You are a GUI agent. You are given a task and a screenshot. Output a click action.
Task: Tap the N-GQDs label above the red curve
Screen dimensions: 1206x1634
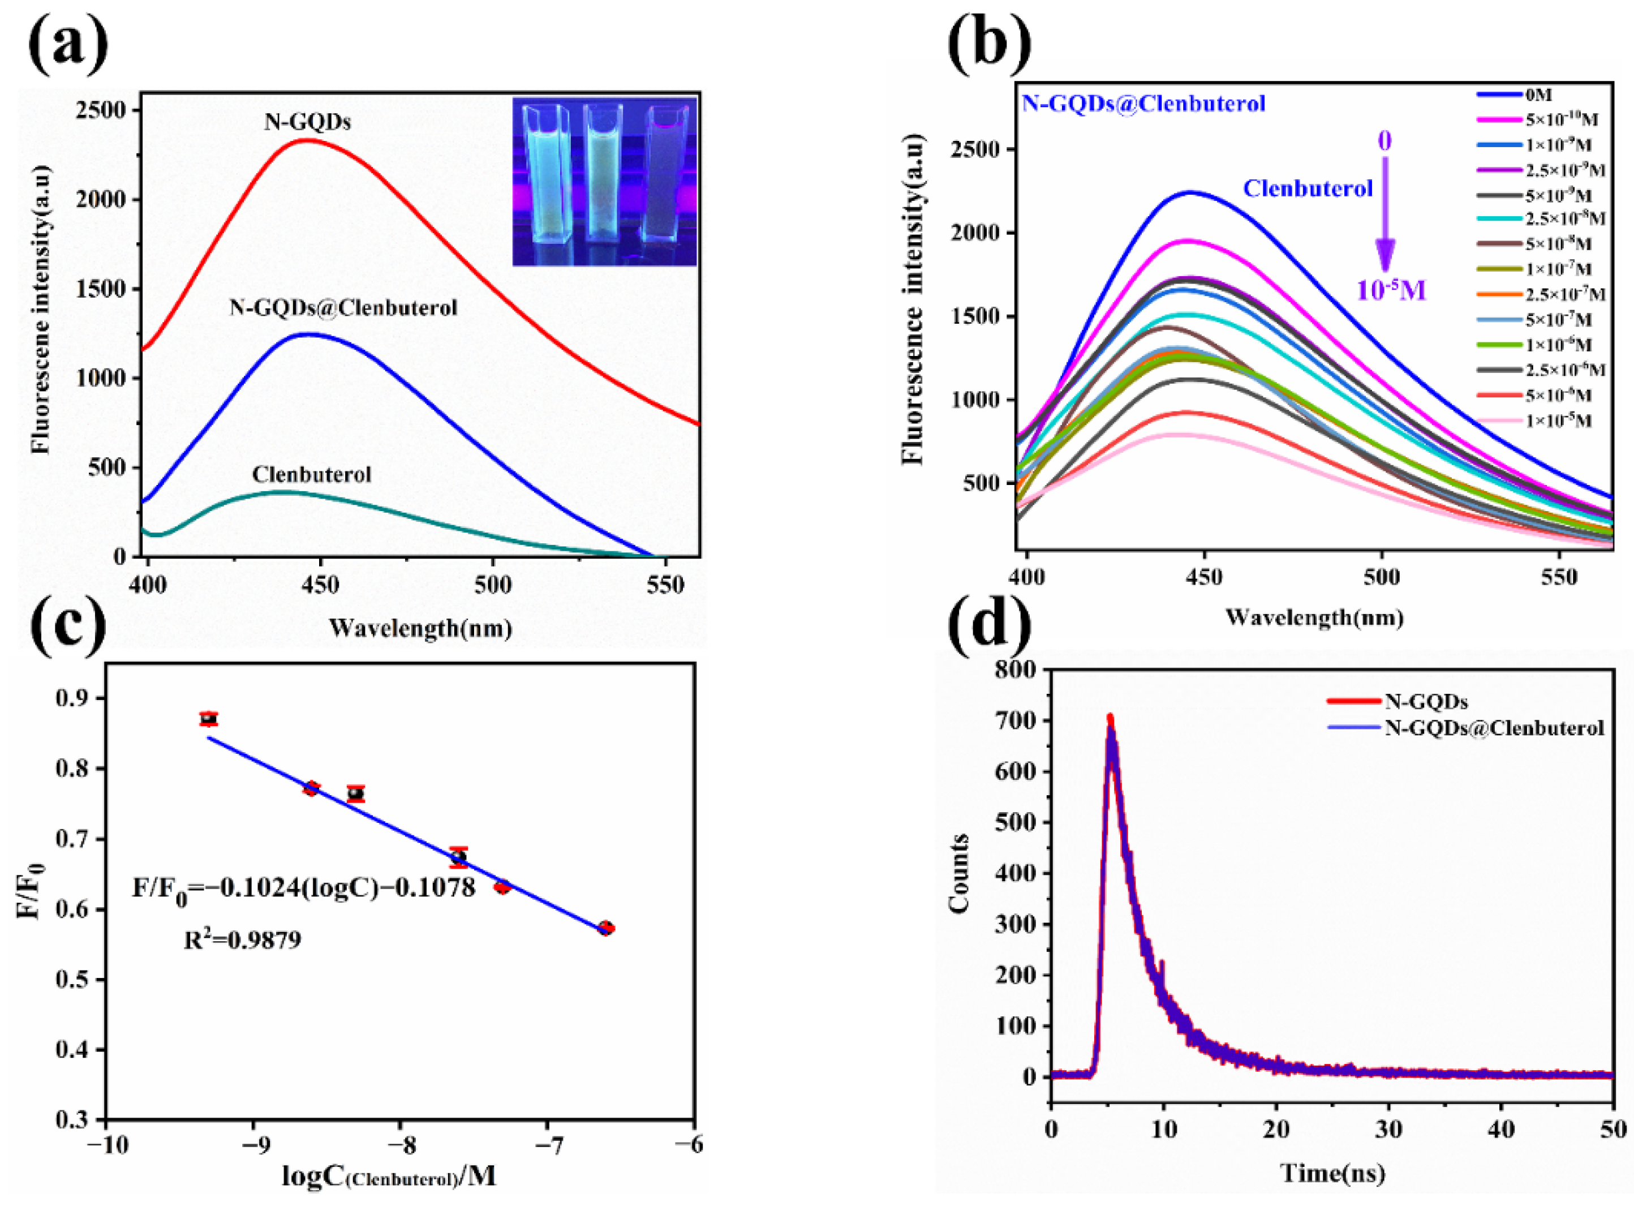point(307,121)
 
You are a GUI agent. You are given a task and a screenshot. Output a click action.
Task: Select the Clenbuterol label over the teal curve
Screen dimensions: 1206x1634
point(312,474)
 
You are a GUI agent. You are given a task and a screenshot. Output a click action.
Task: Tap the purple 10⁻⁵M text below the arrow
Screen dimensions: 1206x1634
point(1390,290)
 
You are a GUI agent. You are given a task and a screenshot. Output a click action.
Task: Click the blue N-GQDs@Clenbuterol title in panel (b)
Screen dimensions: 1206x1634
point(1143,104)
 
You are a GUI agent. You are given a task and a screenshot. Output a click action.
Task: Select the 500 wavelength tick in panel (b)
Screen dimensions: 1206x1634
point(1382,577)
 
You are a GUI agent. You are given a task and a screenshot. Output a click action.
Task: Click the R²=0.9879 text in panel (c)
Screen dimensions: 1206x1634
point(242,940)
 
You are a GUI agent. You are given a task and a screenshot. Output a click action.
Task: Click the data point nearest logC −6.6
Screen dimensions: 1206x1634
point(605,929)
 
